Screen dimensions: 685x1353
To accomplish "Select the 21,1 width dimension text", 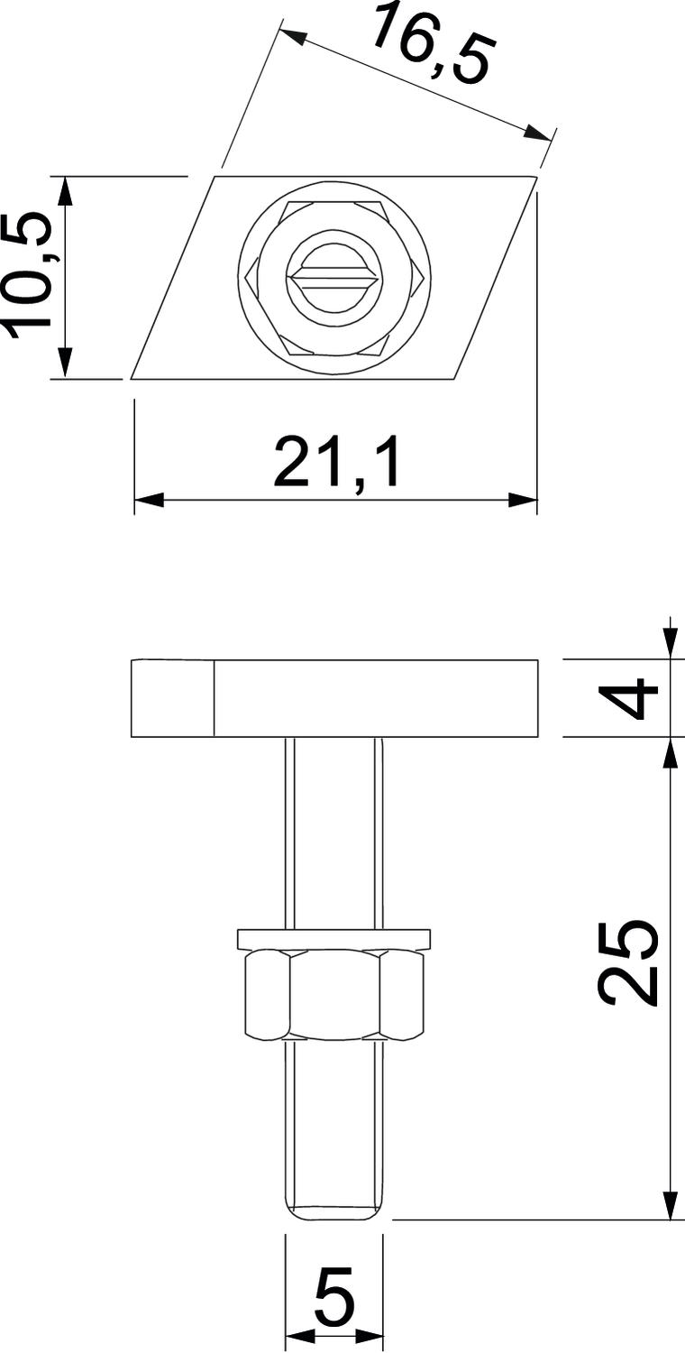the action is coord(336,464).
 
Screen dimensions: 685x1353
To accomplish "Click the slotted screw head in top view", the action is coord(333,279).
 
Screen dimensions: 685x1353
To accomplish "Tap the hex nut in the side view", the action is coord(333,994).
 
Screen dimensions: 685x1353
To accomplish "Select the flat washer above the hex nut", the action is coord(333,939).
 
